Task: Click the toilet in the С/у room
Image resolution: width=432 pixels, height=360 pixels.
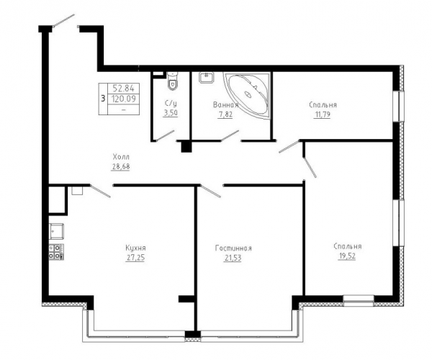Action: click(173, 81)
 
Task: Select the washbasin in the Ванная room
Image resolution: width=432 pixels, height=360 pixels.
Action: click(206, 77)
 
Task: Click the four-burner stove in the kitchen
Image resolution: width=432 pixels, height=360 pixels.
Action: click(56, 252)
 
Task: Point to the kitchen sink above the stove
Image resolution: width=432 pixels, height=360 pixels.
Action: click(56, 231)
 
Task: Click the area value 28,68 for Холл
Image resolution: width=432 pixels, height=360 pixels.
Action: click(121, 166)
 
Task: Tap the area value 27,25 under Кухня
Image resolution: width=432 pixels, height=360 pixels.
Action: click(135, 258)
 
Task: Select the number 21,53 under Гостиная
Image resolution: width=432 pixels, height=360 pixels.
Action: click(233, 258)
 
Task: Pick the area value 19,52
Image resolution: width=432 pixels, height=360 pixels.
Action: click(346, 256)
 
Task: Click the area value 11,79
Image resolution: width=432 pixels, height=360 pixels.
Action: click(322, 114)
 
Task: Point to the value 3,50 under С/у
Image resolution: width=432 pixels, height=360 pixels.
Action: click(170, 113)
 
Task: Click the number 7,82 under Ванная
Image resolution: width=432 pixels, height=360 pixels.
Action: click(225, 114)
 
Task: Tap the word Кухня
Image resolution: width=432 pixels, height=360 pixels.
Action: click(135, 248)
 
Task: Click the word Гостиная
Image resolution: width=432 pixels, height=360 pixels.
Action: click(233, 248)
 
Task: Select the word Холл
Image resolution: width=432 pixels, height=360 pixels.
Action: click(121, 157)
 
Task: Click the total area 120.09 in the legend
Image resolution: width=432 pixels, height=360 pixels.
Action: click(124, 99)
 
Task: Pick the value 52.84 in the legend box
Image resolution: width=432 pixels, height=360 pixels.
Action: click(123, 89)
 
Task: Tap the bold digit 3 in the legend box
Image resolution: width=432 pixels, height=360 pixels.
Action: click(103, 99)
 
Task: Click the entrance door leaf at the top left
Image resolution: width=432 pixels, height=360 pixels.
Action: click(64, 20)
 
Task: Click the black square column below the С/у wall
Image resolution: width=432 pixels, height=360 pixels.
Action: click(186, 147)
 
